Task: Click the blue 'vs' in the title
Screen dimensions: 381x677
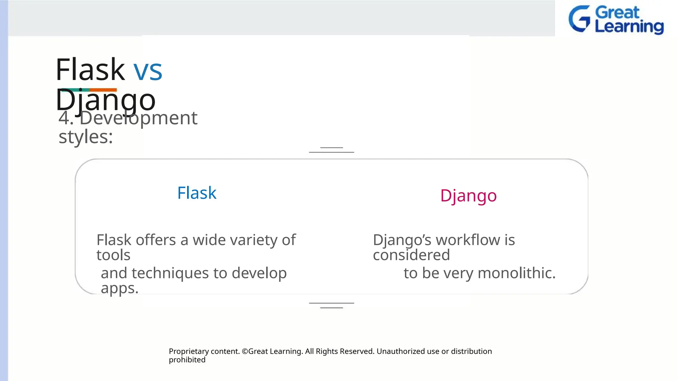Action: (148, 71)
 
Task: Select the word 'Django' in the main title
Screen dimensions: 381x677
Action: (105, 100)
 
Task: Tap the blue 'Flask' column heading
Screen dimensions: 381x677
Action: (197, 193)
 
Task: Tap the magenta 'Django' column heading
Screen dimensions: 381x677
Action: (468, 196)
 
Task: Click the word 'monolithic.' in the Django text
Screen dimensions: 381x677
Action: (517, 273)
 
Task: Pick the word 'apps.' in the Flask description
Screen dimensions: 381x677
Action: (119, 288)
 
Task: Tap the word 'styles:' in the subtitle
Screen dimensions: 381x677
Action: (86, 137)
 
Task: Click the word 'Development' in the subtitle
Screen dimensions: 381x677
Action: (138, 118)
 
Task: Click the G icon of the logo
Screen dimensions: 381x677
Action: (579, 19)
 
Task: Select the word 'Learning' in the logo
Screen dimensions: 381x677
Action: (629, 26)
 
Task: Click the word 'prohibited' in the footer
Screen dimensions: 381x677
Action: (187, 360)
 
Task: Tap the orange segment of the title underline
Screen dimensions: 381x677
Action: (103, 90)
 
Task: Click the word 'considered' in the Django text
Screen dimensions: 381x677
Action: (411, 255)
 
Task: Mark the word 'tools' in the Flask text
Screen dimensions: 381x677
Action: (113, 255)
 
